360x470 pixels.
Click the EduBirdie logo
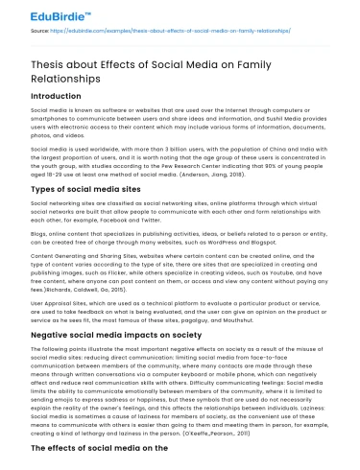pyautogui.click(x=46, y=13)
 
